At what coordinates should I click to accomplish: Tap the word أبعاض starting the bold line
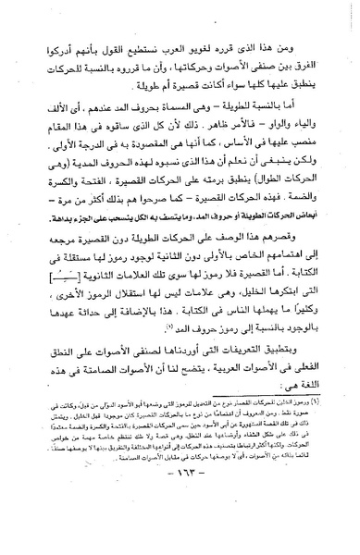(303, 229)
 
